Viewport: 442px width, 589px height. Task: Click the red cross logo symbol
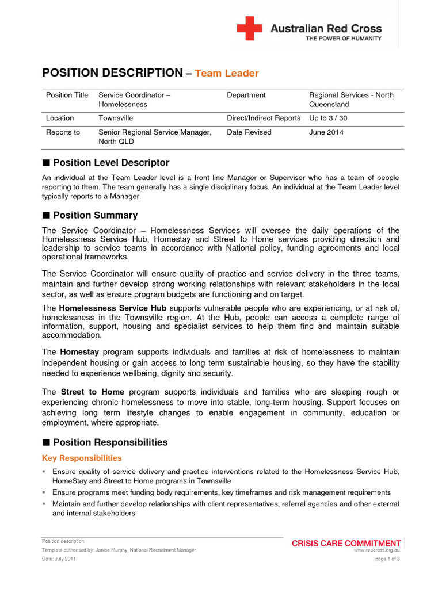(x=250, y=28)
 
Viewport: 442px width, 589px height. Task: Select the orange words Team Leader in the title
(x=227, y=74)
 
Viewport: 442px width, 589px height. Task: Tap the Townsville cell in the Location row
(x=116, y=118)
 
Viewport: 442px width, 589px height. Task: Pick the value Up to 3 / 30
(x=328, y=118)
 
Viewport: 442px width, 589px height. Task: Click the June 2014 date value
(x=326, y=132)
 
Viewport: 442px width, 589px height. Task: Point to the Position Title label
(x=67, y=95)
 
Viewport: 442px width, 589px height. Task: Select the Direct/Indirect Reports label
(x=264, y=118)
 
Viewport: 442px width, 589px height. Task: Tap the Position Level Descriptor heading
(x=110, y=163)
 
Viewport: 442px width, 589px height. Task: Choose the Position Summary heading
(x=95, y=215)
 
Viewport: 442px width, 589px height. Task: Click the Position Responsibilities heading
(x=110, y=442)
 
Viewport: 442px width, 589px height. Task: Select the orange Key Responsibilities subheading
(x=82, y=458)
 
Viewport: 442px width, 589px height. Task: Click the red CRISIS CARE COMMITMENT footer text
(x=346, y=543)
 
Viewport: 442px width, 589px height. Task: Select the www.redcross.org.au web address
(x=377, y=550)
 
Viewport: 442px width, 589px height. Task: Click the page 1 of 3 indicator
(x=387, y=559)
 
